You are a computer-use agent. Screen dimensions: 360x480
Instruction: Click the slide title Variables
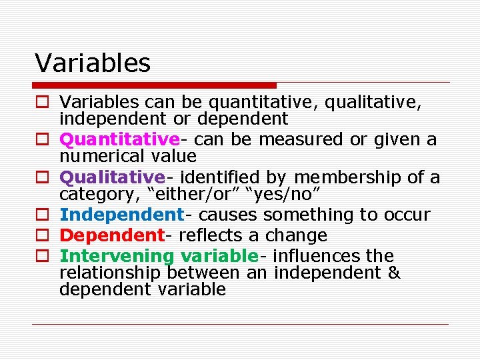(93, 63)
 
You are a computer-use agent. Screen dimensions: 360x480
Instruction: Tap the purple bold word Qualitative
(111, 177)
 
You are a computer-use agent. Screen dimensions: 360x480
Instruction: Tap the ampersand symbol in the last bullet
(393, 273)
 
